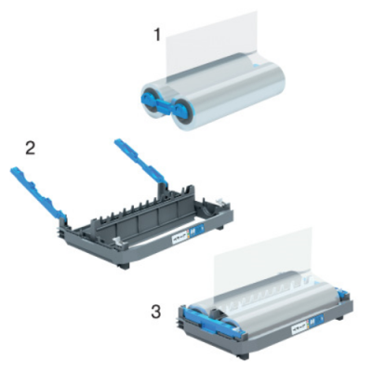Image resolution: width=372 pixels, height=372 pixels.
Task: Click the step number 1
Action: point(158,34)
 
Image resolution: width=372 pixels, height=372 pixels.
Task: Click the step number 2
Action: point(30,149)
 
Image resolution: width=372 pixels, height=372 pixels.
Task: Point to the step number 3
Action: point(155,312)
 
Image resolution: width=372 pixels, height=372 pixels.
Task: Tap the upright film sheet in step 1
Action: point(211,46)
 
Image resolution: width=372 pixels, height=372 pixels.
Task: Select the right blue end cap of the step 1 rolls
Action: point(180,110)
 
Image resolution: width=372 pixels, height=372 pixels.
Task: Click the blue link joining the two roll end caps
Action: point(165,105)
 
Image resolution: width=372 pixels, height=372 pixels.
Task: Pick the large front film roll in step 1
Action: point(229,96)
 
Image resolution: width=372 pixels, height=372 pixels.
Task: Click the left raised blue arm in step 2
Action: point(38,193)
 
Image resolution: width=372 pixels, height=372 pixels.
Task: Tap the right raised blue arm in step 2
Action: point(141,163)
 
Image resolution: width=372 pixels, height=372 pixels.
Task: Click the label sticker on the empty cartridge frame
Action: point(187,232)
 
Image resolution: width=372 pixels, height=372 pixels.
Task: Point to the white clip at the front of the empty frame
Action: point(118,241)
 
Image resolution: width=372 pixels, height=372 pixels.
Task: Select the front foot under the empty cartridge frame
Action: point(124,266)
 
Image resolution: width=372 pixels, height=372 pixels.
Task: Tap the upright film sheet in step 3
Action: point(263,254)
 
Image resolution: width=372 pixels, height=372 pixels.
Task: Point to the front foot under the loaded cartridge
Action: point(244,356)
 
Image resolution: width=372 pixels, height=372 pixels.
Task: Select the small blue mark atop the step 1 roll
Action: point(254,65)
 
